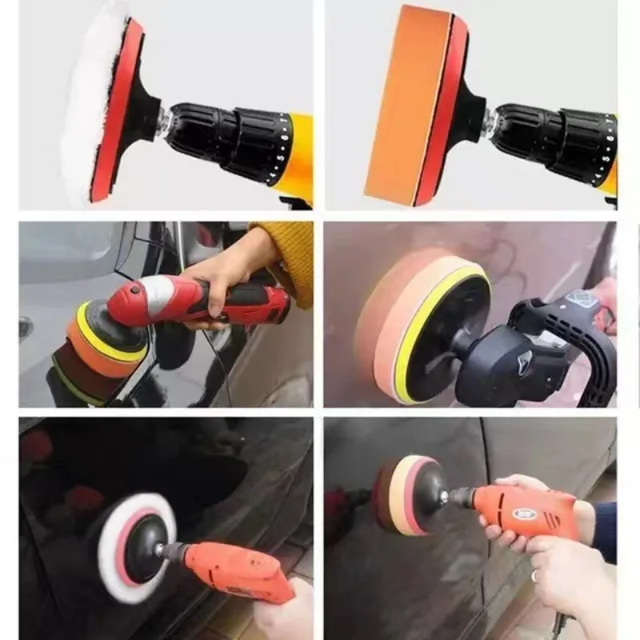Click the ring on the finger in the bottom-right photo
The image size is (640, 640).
point(535,575)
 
